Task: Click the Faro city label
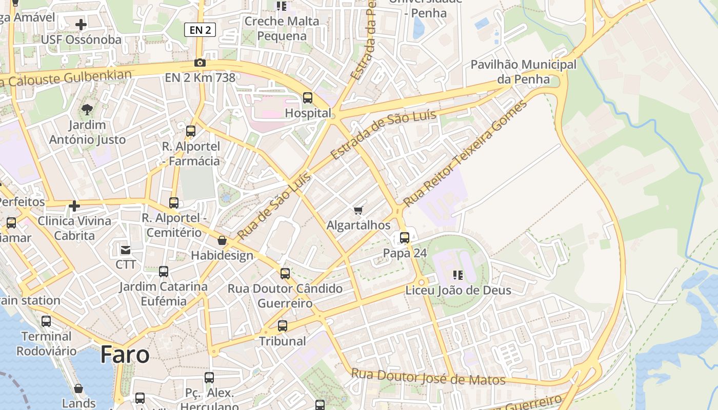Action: coord(125,355)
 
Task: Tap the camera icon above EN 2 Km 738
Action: coord(200,63)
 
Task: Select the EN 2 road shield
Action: coord(200,30)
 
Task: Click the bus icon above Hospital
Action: coord(308,97)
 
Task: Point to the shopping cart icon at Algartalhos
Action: coord(358,210)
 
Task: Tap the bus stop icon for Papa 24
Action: coord(405,238)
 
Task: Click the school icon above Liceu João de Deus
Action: coord(458,275)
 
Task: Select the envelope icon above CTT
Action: coord(126,250)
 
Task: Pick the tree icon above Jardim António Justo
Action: coord(87,109)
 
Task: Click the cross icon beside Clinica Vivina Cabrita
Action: coord(74,206)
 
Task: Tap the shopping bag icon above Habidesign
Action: coord(222,240)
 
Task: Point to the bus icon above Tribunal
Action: coord(282,325)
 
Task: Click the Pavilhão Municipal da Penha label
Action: coord(523,72)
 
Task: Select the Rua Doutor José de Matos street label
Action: coord(428,377)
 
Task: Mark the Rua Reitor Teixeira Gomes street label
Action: coord(465,153)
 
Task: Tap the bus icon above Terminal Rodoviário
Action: coord(46,321)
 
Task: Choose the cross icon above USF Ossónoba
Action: coord(81,24)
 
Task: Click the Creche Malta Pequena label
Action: coord(282,29)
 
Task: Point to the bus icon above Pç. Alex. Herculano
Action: coord(209,378)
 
